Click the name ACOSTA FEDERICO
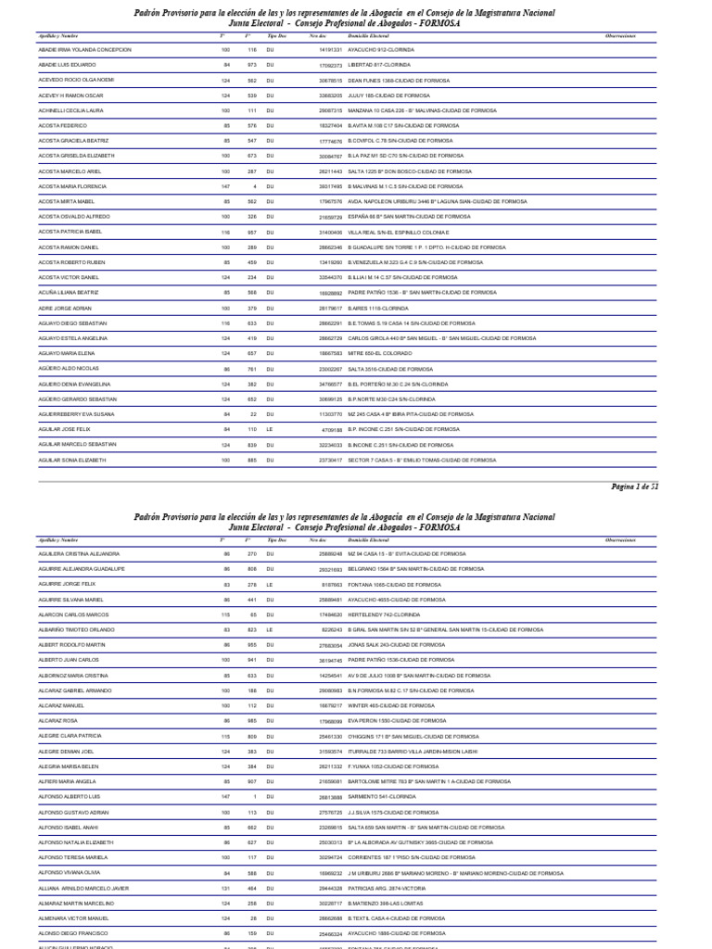coord(62,125)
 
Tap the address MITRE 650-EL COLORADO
coord(385,353)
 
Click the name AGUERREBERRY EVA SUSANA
coord(77,414)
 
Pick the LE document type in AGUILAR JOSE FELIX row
coord(270,430)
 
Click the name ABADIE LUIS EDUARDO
coord(68,65)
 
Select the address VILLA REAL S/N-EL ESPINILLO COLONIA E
coord(398,232)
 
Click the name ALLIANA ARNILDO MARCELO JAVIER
coord(90,887)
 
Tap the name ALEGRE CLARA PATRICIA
coord(70,735)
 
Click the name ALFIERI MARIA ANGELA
coord(68,780)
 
